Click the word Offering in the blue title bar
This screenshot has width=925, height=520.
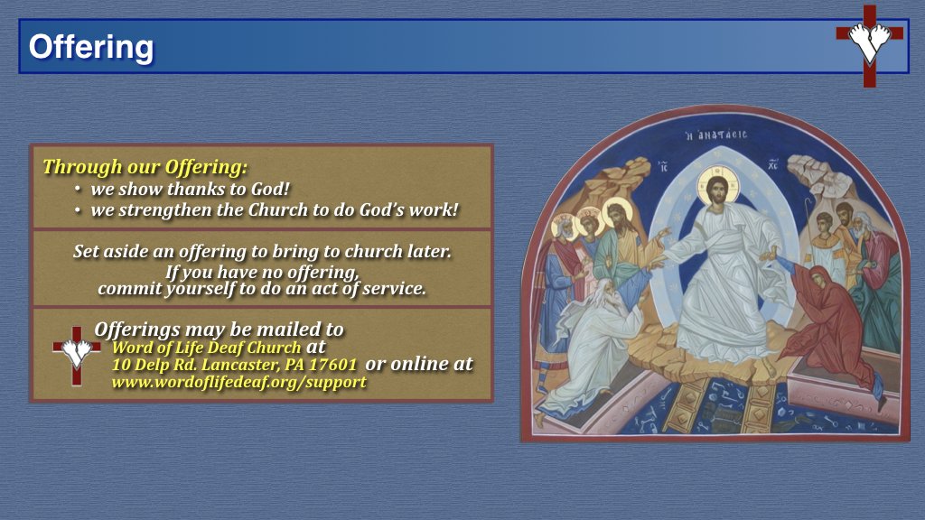90,47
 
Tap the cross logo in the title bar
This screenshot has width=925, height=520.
869,44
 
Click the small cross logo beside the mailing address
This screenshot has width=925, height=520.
76,354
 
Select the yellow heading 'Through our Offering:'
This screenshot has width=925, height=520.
145,167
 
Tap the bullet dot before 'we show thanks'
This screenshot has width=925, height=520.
79,190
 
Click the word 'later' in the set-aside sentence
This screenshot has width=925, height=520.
428,252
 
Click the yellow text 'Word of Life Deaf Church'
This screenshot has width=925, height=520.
206,348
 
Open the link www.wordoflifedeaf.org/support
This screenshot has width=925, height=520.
238,382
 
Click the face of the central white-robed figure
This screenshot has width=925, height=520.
717,191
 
